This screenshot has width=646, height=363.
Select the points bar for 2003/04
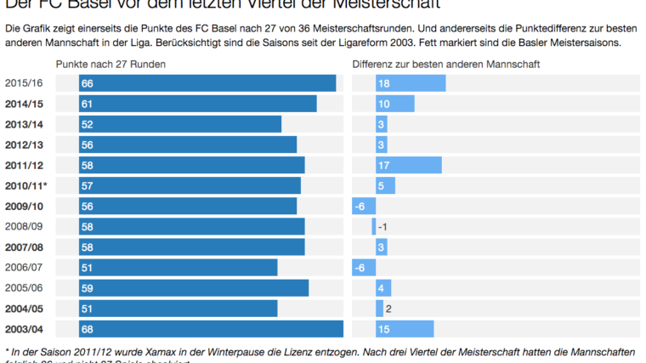click(211, 329)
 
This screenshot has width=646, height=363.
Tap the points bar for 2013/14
click(180, 124)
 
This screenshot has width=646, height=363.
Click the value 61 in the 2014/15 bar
click(87, 104)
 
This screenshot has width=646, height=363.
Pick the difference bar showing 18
click(411, 83)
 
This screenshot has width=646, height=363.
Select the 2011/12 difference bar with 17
click(408, 165)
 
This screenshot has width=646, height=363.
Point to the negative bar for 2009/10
click(364, 206)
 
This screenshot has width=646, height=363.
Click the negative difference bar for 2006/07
click(364, 268)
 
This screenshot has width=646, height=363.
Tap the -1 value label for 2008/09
click(382, 227)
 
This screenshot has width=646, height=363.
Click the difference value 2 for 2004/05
click(388, 309)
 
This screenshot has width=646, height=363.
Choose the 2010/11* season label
click(25, 185)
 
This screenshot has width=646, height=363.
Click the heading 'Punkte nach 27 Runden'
click(110, 65)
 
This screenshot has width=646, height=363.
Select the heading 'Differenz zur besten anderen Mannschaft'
click(446, 65)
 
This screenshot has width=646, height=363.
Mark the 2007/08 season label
click(24, 247)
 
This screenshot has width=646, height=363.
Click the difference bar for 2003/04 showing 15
click(405, 329)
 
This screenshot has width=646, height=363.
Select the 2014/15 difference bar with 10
click(395, 104)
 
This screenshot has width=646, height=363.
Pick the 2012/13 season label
click(24, 145)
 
